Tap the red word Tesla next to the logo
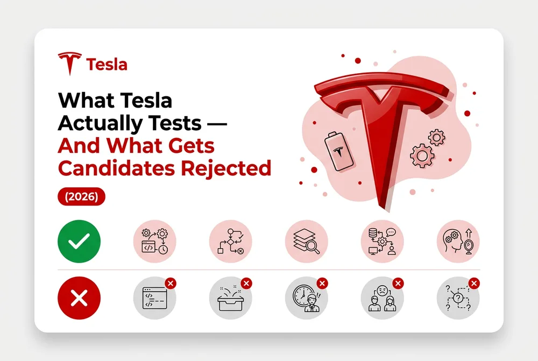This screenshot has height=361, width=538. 107,65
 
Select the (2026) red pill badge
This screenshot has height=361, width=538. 81,196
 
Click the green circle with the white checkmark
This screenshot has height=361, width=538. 79,241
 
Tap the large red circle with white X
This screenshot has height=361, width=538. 79,298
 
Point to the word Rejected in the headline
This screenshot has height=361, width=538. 226,169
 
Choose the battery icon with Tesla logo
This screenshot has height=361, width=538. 338,151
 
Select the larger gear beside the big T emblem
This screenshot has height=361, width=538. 422,156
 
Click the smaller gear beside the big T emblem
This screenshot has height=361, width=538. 437,138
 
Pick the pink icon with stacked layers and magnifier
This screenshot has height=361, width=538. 307,241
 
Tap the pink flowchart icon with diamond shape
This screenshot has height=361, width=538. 231,241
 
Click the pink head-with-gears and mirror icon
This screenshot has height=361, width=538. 458,241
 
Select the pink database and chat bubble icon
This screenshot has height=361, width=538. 382,241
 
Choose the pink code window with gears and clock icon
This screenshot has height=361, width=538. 155,241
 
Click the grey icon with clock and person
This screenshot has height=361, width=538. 307,298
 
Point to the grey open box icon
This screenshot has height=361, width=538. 231,298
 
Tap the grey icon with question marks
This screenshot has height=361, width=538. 458,298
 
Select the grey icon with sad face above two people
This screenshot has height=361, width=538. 382,298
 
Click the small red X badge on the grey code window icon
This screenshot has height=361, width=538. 171,284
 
